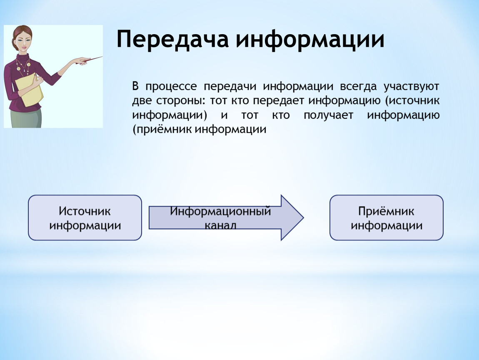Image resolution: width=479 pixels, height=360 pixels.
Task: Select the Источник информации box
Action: coord(85,217)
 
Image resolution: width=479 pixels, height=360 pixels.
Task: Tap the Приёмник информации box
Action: coord(387,217)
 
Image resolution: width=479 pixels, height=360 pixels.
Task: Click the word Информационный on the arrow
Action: coord(221,211)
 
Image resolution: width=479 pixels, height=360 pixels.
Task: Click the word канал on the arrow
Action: coord(220,225)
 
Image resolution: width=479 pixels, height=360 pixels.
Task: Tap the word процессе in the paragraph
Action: coord(171,87)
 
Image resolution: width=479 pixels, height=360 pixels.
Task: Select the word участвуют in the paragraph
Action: coord(411,87)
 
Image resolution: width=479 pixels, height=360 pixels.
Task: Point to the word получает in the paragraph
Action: coord(328,115)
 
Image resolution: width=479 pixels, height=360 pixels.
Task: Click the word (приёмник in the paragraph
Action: coord(162,130)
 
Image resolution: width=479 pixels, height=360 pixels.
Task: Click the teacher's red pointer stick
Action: coord(91,59)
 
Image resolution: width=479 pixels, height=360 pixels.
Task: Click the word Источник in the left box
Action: coord(85,211)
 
